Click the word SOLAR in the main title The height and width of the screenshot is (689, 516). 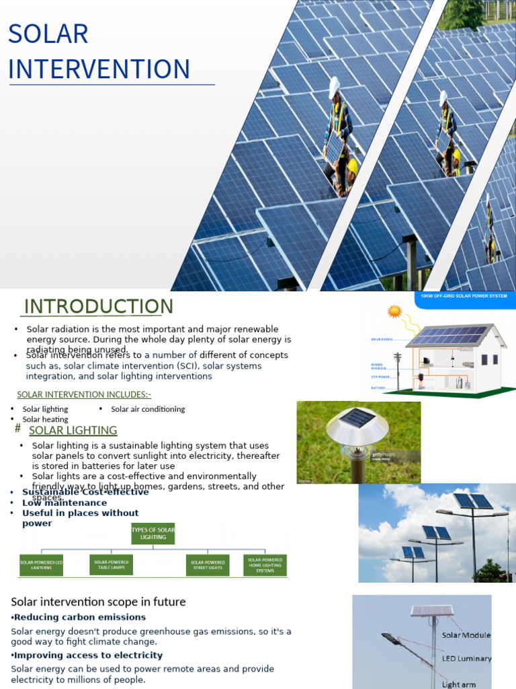pyautogui.click(x=48, y=34)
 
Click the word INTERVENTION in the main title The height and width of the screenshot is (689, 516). pyautogui.click(x=99, y=69)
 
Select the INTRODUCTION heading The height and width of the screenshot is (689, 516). pyautogui.click(x=98, y=306)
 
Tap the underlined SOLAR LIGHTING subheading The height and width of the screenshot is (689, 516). pyautogui.click(x=73, y=431)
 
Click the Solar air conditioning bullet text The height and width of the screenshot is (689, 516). pyautogui.click(x=148, y=409)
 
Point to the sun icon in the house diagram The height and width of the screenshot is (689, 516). pyautogui.click(x=394, y=312)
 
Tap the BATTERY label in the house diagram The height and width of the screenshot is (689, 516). pyautogui.click(x=378, y=388)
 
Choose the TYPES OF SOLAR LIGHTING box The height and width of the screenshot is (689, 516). pyautogui.click(x=153, y=534)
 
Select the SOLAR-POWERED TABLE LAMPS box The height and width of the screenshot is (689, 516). pyautogui.click(x=111, y=565)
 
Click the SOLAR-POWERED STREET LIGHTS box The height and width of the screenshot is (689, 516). pyautogui.click(x=207, y=565)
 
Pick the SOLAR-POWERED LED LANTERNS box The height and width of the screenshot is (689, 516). pyautogui.click(x=40, y=565)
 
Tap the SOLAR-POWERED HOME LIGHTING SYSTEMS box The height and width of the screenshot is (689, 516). pyautogui.click(x=265, y=565)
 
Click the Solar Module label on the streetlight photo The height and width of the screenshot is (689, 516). pyautogui.click(x=466, y=635)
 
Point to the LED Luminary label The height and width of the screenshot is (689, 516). pyautogui.click(x=466, y=659)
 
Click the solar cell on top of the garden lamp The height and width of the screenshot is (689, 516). pyautogui.click(x=357, y=419)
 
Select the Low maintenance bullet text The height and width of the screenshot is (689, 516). pyautogui.click(x=64, y=503)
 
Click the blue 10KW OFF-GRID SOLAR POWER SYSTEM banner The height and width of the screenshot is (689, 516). pyautogui.click(x=464, y=297)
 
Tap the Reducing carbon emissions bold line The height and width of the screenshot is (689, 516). pyautogui.click(x=78, y=617)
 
